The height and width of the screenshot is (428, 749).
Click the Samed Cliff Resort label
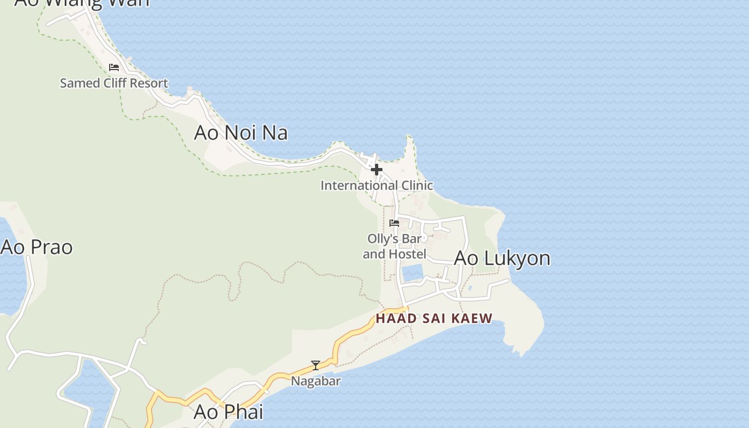click(114, 83)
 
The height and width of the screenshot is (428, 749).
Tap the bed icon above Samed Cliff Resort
click(113, 67)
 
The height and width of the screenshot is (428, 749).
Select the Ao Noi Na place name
click(241, 133)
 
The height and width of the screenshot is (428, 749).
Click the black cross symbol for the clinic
click(377, 170)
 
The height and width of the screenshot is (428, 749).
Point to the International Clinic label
click(377, 186)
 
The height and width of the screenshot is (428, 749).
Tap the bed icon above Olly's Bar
click(394, 223)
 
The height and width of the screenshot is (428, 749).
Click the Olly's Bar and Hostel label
click(394, 246)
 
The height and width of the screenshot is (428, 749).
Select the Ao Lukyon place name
click(502, 258)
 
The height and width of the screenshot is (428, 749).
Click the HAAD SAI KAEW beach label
click(434, 318)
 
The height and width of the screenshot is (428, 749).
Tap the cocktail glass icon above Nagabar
click(316, 365)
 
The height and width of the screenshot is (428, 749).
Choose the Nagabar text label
click(316, 381)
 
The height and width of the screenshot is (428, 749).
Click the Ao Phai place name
click(228, 412)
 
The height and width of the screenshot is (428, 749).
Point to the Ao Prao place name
click(36, 247)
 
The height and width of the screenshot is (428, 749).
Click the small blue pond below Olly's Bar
click(412, 273)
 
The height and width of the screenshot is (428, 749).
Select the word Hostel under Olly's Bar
click(409, 254)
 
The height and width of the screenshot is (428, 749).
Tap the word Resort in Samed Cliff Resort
click(149, 83)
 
